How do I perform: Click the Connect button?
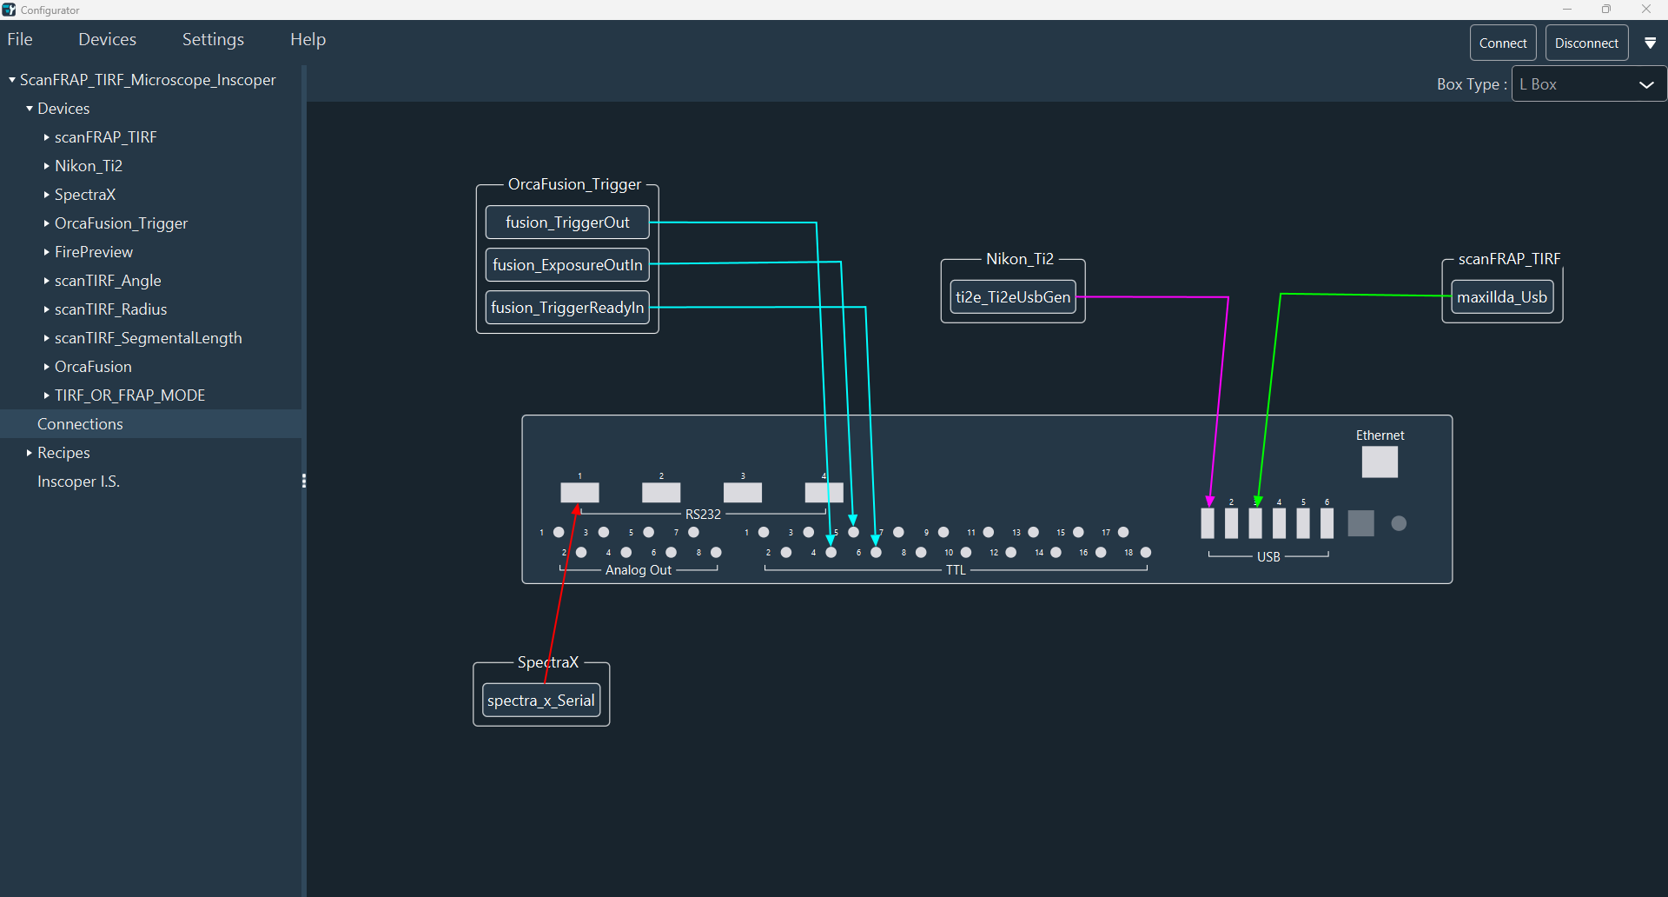point(1502,43)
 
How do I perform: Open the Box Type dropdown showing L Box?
point(1588,84)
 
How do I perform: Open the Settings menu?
point(213,39)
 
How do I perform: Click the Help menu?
point(308,39)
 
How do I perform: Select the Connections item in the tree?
point(80,424)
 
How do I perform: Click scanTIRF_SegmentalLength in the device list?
point(148,338)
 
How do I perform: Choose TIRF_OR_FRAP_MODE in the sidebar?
point(129,395)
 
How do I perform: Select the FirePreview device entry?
point(94,252)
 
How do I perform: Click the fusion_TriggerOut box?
point(566,223)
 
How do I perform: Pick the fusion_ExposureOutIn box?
point(566,265)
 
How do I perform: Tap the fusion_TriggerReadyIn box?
point(566,308)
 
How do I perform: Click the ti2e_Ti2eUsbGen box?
point(1012,297)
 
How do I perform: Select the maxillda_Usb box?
point(1501,297)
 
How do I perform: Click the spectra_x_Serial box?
point(540,701)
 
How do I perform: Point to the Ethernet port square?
point(1379,462)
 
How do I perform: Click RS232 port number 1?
point(579,493)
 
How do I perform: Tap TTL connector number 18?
point(1146,553)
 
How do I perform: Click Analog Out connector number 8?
point(716,553)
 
